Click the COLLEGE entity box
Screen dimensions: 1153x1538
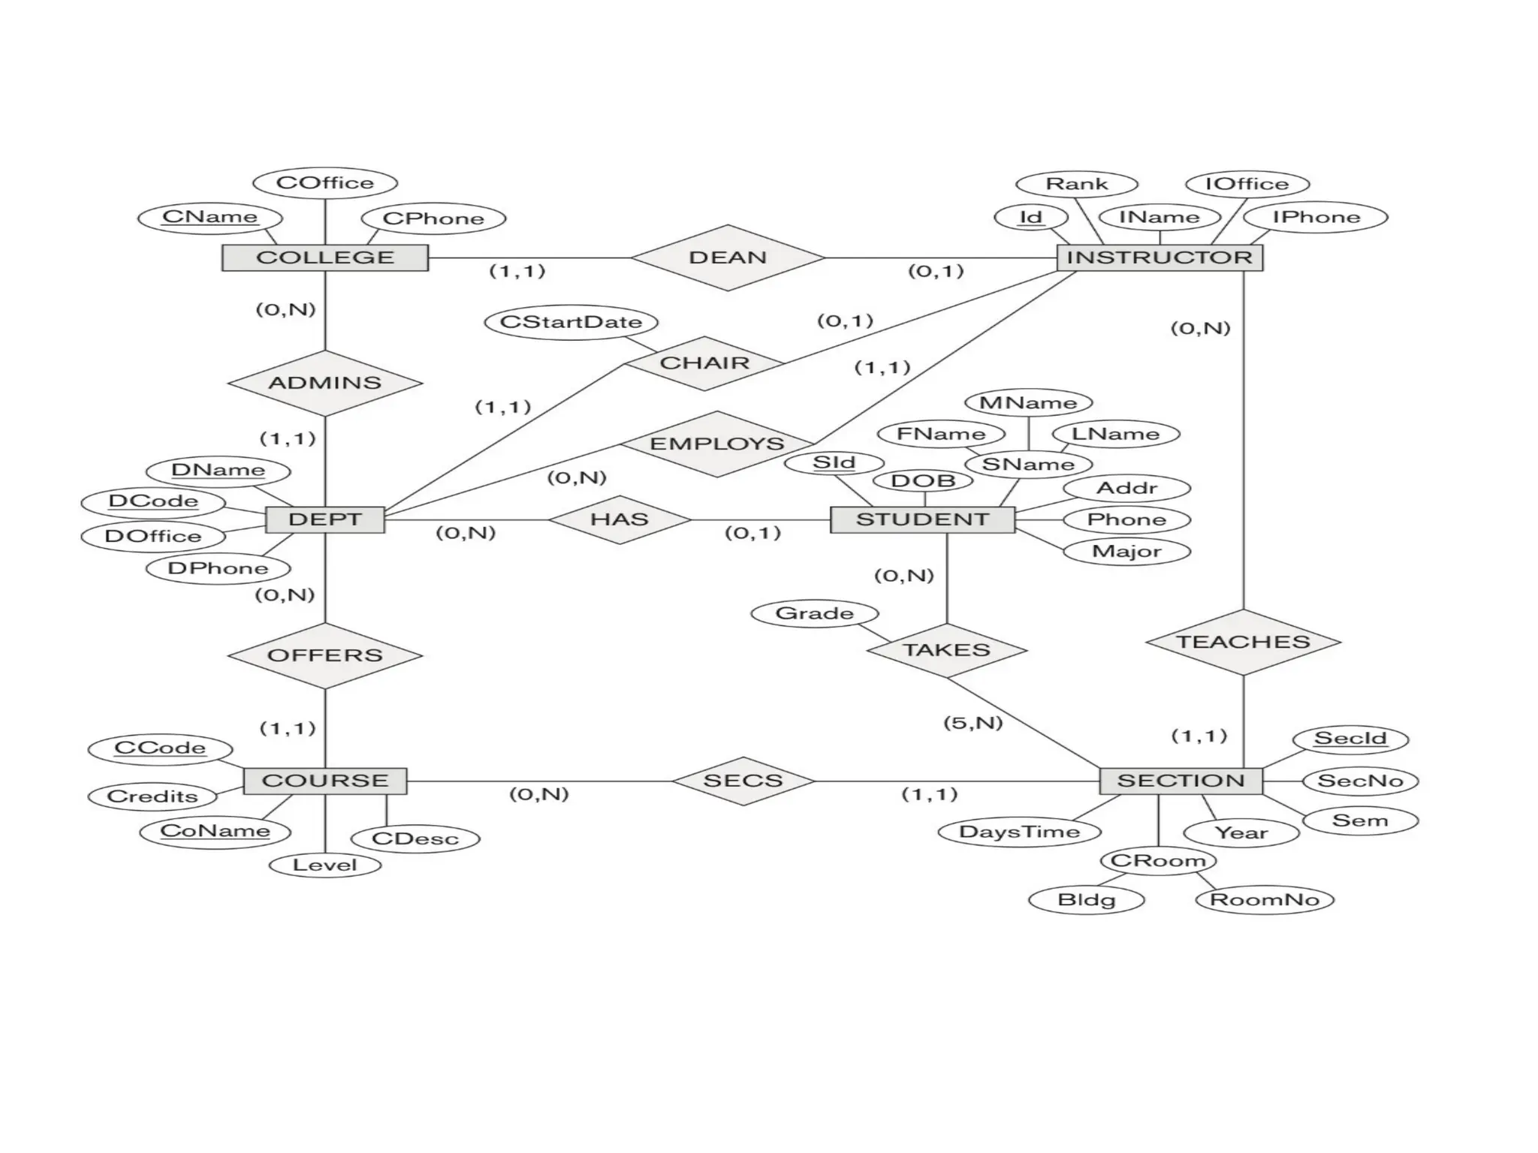(x=324, y=257)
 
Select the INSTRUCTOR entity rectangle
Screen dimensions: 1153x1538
(x=1159, y=257)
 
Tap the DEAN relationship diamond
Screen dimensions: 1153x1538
(x=727, y=257)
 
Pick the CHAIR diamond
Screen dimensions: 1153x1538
(x=704, y=363)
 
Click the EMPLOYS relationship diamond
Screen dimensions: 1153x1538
(x=716, y=444)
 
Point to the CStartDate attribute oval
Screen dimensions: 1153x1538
(x=571, y=322)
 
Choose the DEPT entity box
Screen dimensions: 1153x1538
(x=324, y=519)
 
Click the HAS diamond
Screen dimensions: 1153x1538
(x=619, y=519)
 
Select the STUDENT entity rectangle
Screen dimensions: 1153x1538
(x=922, y=519)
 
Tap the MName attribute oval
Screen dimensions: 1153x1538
(x=1027, y=403)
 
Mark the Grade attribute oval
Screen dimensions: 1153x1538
(x=814, y=613)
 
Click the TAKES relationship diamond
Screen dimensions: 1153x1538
(x=946, y=650)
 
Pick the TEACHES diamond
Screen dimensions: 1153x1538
(x=1243, y=642)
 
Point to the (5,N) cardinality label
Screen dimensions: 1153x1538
(x=973, y=723)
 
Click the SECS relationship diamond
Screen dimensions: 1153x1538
(x=743, y=781)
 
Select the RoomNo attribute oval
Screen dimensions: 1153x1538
(x=1264, y=899)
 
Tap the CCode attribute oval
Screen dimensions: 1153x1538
(x=160, y=748)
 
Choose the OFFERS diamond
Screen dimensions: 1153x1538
(x=324, y=655)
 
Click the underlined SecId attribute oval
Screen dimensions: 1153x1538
(x=1350, y=739)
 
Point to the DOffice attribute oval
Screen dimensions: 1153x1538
(x=153, y=536)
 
